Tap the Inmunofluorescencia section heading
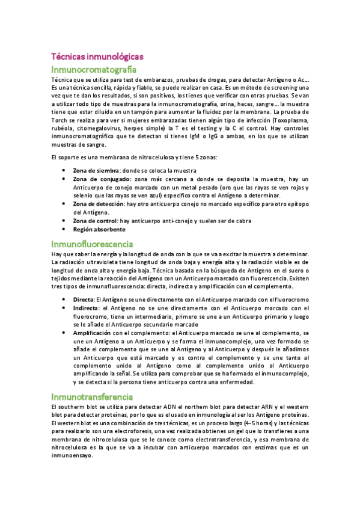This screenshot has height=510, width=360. [x=93, y=244]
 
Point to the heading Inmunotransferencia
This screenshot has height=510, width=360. [x=92, y=397]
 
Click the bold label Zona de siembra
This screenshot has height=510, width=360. [x=94, y=171]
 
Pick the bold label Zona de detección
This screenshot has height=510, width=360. [x=98, y=204]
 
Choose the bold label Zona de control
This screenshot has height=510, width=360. [x=95, y=221]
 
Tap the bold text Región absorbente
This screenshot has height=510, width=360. [x=99, y=229]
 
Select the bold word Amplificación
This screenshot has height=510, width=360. [x=92, y=333]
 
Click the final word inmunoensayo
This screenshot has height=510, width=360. [x=72, y=456]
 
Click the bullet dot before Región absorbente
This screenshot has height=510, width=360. [x=64, y=230]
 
